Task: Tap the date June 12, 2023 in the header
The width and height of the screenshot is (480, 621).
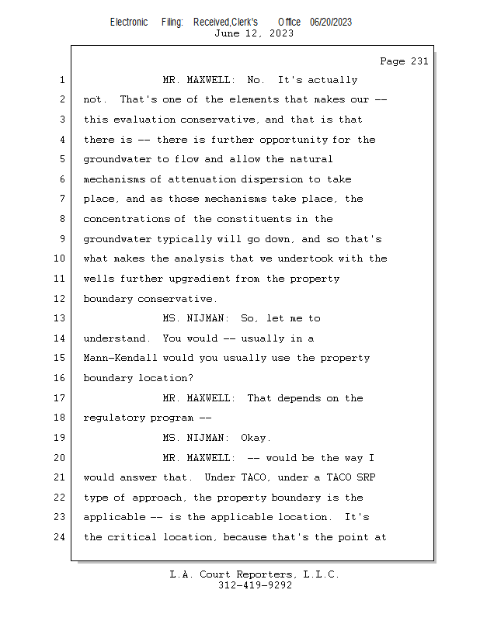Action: coord(254,33)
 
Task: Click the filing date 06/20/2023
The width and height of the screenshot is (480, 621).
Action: coord(330,22)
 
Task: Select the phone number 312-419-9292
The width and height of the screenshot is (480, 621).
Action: coord(255,585)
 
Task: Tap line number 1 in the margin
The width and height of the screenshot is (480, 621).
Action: coord(62,80)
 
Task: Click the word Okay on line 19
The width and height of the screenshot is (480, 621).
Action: coord(256,438)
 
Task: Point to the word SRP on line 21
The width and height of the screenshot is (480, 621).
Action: coord(364,477)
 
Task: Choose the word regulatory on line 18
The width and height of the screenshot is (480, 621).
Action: coord(113,418)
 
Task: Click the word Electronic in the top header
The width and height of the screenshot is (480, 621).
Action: coord(128,22)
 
